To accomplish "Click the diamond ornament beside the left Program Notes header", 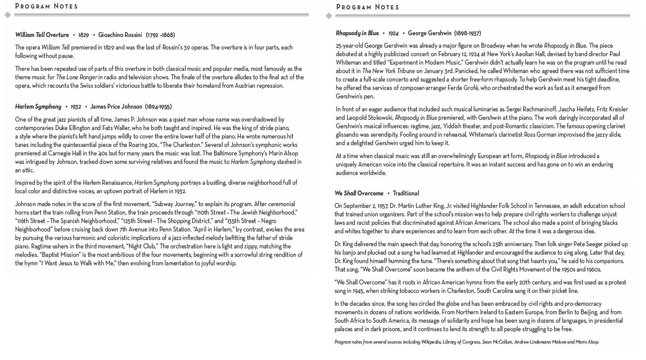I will pyautogui.click(x=8, y=15).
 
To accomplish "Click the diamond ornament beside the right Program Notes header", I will pyautogui.click(x=329, y=16).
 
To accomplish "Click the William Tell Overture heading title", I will pyautogui.click(x=42, y=35).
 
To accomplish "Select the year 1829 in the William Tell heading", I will pyautogui.click(x=83, y=35).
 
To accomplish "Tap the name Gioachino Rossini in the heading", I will pyautogui.click(x=120, y=35).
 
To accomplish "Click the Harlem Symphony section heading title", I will pyautogui.click(x=38, y=107).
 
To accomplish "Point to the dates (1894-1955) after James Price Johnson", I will pyautogui.click(x=158, y=107).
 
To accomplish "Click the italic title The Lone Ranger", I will pyautogui.click(x=77, y=77).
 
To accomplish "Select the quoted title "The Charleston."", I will pyautogui.click(x=181, y=145).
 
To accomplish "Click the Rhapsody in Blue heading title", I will pyautogui.click(x=357, y=33).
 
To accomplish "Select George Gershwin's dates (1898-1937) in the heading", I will pyautogui.click(x=468, y=33).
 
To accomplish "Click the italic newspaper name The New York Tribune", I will pyautogui.click(x=388, y=71).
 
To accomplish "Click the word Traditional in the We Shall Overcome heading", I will pyautogui.click(x=406, y=194).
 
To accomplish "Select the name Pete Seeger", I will pyautogui.click(x=586, y=244).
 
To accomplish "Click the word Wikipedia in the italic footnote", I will pyautogui.click(x=431, y=342).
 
